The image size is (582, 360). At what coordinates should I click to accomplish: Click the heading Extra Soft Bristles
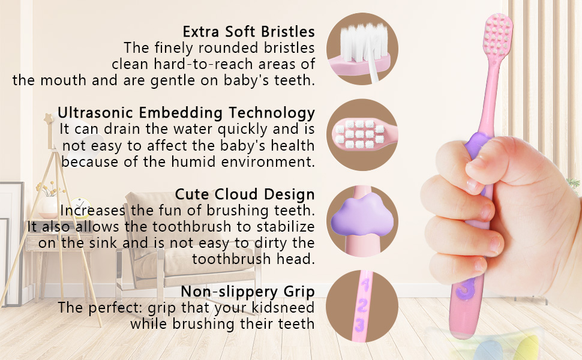point(248,31)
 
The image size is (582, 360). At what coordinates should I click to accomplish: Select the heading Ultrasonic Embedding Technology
point(186,112)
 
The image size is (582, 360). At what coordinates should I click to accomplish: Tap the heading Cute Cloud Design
point(245,194)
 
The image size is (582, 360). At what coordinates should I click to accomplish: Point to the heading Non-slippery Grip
point(248,292)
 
